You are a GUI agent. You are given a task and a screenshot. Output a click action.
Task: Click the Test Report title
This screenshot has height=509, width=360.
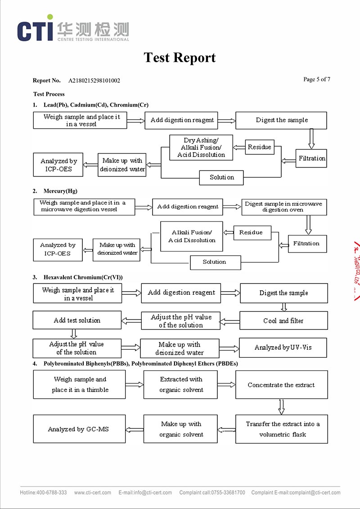180,58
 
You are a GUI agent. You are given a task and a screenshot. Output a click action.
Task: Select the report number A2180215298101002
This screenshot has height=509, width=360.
94,81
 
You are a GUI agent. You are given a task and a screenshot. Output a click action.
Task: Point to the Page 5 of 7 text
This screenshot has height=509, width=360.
317,80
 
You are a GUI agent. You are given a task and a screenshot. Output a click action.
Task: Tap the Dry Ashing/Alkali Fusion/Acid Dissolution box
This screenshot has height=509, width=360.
201,148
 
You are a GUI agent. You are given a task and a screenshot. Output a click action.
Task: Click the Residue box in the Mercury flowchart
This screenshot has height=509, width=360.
251,233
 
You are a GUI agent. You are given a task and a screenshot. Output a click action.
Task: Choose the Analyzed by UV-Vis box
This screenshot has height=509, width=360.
283,347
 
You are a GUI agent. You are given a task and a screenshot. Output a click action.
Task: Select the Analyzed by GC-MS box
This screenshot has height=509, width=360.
78,429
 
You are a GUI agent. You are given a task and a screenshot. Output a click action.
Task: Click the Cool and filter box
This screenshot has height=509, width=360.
283,321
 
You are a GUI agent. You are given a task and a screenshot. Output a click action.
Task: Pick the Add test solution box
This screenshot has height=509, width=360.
77,320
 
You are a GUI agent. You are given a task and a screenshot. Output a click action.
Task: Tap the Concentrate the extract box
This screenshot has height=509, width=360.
281,385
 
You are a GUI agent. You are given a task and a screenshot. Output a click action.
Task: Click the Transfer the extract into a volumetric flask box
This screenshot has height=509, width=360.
282,429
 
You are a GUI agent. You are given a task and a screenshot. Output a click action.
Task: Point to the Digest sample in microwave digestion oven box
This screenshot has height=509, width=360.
283,207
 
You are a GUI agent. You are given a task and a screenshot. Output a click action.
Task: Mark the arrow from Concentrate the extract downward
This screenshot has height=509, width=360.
282,406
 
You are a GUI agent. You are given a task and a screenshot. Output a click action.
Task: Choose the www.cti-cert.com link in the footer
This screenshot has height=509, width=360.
92,492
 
